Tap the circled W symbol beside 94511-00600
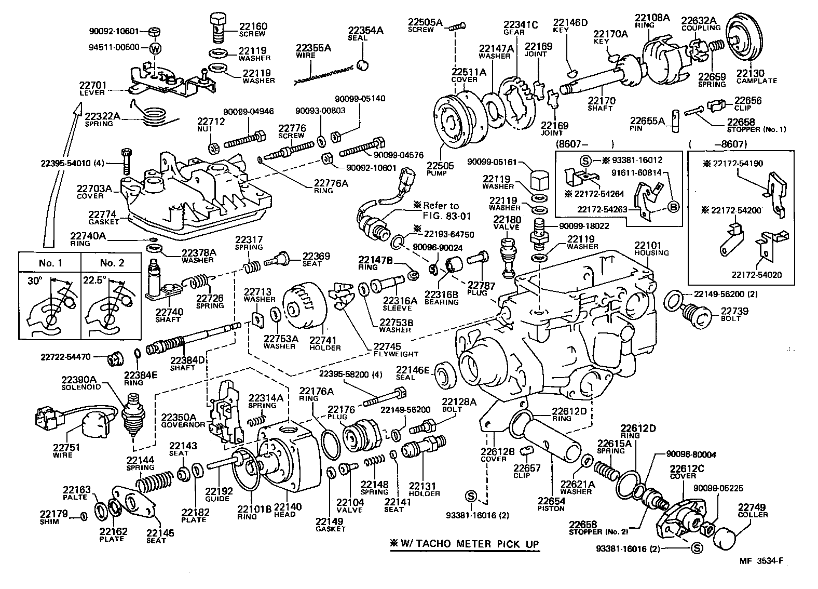click(155, 48)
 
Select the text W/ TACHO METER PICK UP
click(465, 544)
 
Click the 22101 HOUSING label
click(651, 248)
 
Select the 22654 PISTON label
click(551, 504)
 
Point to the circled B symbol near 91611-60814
click(673, 207)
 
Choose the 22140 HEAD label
click(284, 511)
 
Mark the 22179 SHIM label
click(53, 517)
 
